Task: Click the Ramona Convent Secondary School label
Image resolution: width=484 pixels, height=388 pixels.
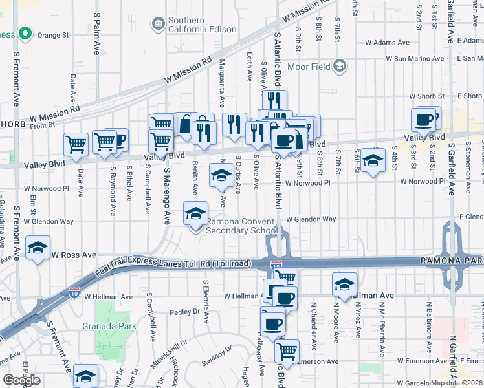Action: click(240, 226)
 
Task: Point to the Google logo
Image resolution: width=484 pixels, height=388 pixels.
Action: click(21, 380)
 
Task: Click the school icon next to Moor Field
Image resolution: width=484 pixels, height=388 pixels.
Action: click(340, 66)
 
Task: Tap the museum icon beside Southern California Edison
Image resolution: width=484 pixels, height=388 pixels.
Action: click(157, 25)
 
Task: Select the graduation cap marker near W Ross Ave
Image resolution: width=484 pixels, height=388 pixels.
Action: click(38, 247)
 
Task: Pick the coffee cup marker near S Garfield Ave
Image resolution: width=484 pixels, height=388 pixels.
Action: click(424, 120)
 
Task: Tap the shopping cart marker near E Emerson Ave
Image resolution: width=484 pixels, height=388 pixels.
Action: click(287, 351)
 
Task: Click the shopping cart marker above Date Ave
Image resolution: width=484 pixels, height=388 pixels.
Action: click(76, 145)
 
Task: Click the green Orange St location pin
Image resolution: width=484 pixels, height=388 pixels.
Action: click(25, 33)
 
